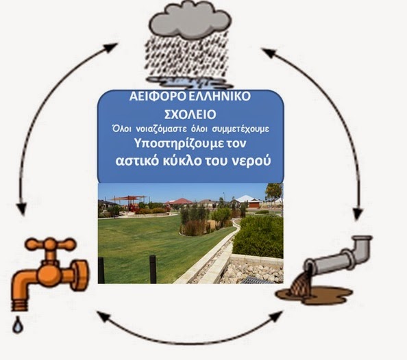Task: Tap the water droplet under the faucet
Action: (x=18, y=324)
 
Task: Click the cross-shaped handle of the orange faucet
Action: (x=51, y=245)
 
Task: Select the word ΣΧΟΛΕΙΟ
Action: (x=190, y=114)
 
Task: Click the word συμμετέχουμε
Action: (x=241, y=129)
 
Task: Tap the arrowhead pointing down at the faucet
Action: (x=22, y=208)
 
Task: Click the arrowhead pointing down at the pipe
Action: (x=358, y=213)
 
